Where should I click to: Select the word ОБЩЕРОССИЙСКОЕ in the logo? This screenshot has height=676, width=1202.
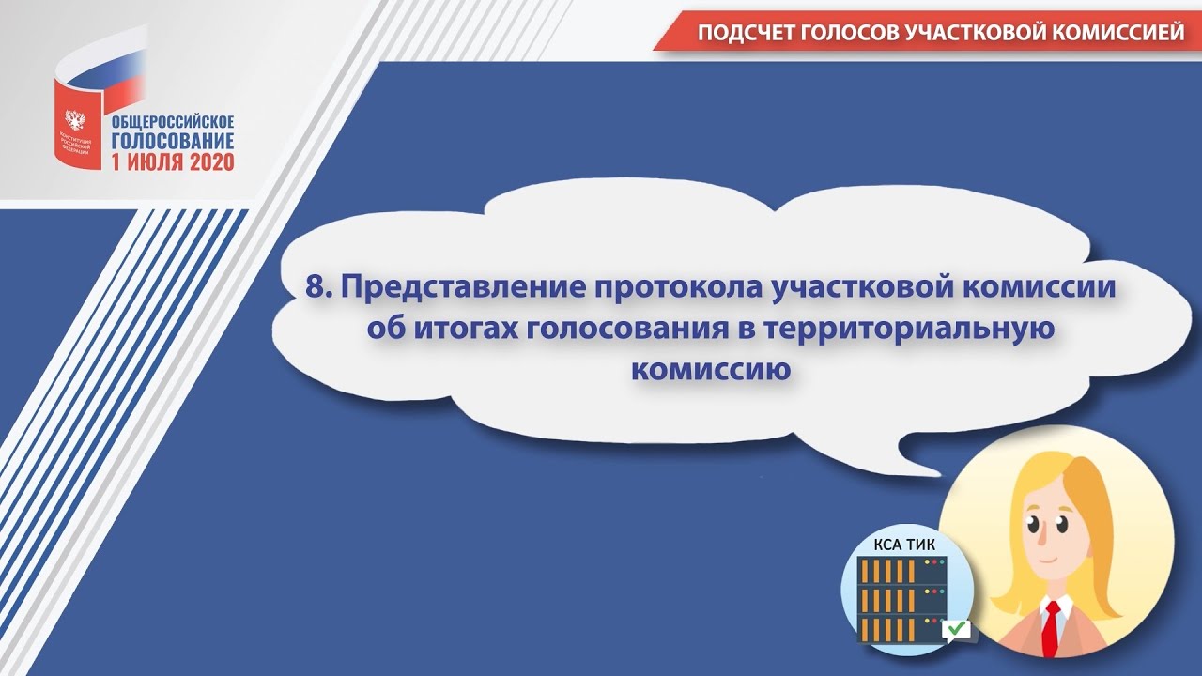click(173, 122)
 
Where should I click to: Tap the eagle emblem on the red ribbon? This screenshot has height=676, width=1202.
click(73, 120)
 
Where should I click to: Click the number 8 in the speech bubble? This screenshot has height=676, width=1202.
click(315, 287)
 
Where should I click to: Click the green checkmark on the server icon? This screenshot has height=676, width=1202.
click(957, 627)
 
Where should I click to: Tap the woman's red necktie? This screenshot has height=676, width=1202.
click(1052, 625)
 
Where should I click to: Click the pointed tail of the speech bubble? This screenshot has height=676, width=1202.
click(925, 465)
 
